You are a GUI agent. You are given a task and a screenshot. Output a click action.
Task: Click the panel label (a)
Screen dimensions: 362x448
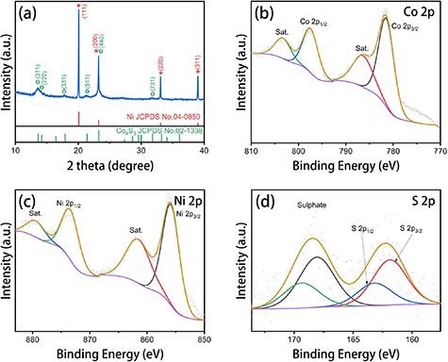point(28,13)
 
